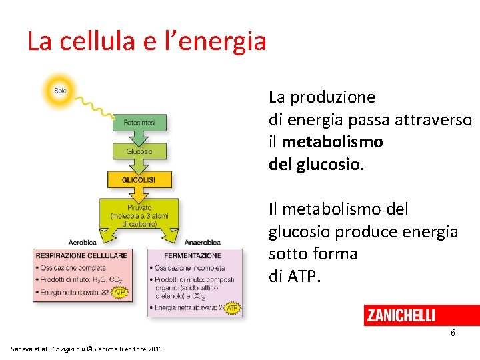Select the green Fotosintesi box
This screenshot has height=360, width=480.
coord(139,123)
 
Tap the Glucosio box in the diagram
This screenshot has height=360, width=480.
coord(139,151)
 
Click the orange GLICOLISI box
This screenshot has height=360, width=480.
coord(139,180)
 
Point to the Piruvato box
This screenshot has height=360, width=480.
coord(139,215)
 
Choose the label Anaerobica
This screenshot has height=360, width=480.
coord(203,242)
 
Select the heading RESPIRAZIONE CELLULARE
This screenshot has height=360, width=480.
coord(81,255)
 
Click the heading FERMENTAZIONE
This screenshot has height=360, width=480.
coord(193,255)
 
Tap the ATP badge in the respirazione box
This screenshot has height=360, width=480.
coord(120,292)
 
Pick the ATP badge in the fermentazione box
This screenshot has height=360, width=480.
coord(232,308)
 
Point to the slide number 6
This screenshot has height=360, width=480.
coord(453,333)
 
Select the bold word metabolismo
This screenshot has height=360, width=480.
coord(333,142)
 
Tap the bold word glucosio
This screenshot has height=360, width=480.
coord(326,164)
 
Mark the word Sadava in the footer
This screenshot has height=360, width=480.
coord(24,349)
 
